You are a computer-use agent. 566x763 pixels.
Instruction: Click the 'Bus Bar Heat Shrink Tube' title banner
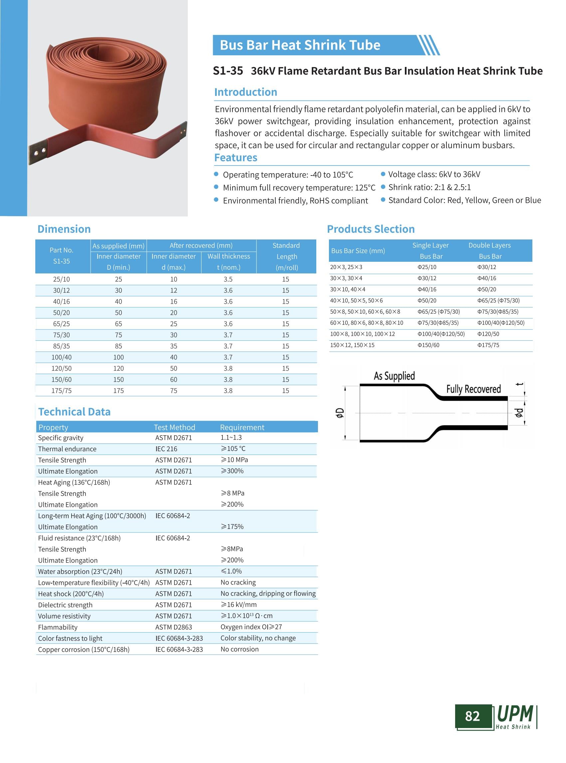[300, 45]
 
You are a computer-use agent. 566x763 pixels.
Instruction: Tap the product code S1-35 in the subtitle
[228, 71]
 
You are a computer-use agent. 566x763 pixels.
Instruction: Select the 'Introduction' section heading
[245, 92]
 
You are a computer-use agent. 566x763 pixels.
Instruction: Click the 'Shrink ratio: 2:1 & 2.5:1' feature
[429, 187]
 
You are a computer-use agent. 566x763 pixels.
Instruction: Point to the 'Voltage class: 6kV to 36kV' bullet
[434, 174]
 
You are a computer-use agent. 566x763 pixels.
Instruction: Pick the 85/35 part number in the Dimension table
[61, 346]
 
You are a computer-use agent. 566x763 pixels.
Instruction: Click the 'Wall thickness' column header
[228, 256]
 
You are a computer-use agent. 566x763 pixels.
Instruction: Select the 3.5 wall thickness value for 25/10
[228, 279]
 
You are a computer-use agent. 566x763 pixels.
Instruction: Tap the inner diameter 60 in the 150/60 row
[174, 379]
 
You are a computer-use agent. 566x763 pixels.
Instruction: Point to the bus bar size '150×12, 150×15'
[352, 345]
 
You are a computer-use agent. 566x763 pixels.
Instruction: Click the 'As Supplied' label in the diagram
[394, 376]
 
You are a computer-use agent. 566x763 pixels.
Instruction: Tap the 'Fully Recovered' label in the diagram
[473, 389]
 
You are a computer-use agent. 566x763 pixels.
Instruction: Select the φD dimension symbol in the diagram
[339, 413]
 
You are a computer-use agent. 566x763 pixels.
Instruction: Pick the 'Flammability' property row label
[58, 627]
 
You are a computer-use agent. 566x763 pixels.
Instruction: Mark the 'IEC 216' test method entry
[166, 449]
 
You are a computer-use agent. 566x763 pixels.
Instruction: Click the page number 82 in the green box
[472, 716]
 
